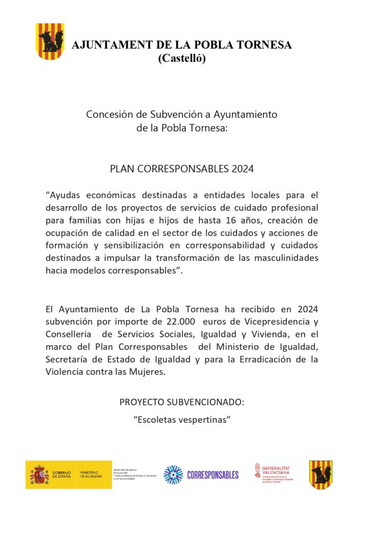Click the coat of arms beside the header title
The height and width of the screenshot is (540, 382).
pos(50,41)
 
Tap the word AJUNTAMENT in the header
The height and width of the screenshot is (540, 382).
pos(104,45)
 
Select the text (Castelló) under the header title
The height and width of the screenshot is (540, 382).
pos(182,59)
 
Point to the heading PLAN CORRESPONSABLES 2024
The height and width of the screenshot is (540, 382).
pos(182,169)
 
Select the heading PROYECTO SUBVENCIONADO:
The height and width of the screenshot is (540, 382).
pos(182,402)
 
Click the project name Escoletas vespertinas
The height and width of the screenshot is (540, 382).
pos(182,420)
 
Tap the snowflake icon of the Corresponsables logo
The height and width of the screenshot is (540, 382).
pos(173,475)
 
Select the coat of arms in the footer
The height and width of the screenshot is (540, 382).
pos(321,474)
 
